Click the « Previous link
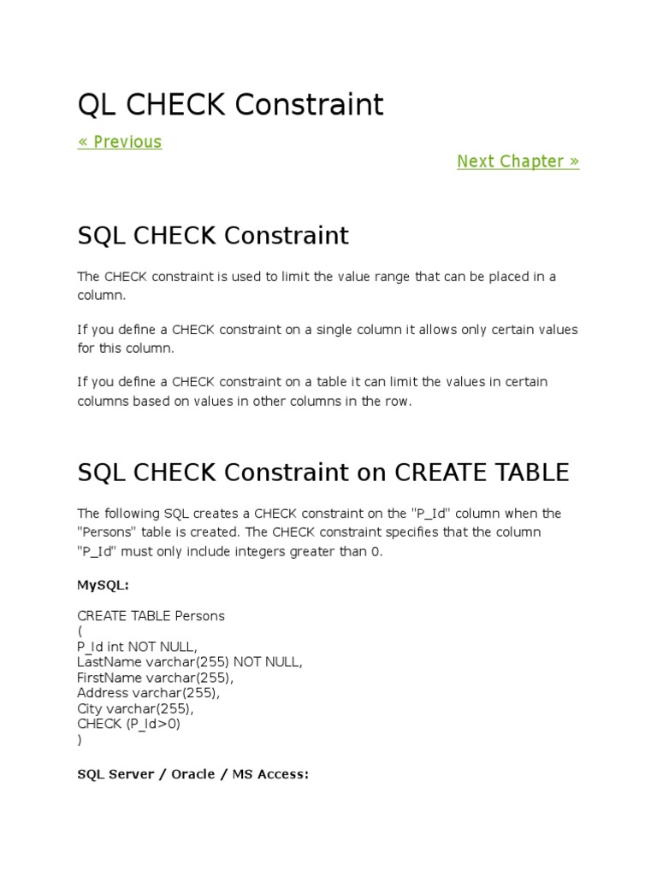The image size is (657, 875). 119,142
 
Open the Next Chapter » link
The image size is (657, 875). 518,161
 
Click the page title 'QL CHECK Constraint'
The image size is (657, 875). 230,105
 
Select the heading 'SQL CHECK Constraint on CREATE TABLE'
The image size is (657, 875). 323,472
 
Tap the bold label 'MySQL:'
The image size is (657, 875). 104,585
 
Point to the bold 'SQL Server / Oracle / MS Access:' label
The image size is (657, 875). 192,774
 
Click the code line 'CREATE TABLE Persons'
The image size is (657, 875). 151,615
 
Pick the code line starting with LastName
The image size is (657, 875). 190,662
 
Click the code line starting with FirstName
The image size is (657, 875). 155,678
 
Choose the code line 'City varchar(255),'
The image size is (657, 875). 135,708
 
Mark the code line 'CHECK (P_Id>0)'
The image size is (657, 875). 128,724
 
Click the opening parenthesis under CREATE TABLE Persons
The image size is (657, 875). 80,631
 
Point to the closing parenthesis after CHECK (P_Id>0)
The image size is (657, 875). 80,739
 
